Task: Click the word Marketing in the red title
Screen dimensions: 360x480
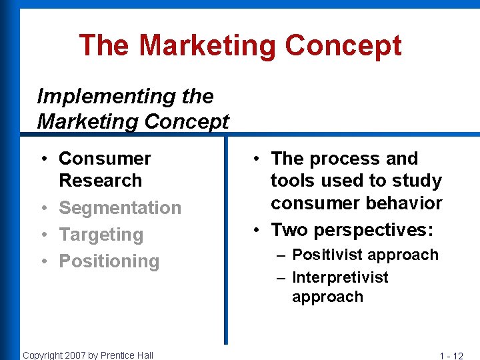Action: (207, 46)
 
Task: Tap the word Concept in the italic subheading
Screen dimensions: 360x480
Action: (186, 122)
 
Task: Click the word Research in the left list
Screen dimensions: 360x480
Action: (100, 181)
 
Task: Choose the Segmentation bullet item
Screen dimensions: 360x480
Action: (120, 208)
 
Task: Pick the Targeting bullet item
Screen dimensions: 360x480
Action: (101, 235)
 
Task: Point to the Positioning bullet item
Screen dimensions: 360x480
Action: (109, 261)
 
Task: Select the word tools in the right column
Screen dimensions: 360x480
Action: (293, 181)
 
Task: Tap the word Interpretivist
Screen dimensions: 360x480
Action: (340, 277)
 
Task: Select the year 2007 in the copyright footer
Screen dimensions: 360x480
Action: (75, 355)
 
